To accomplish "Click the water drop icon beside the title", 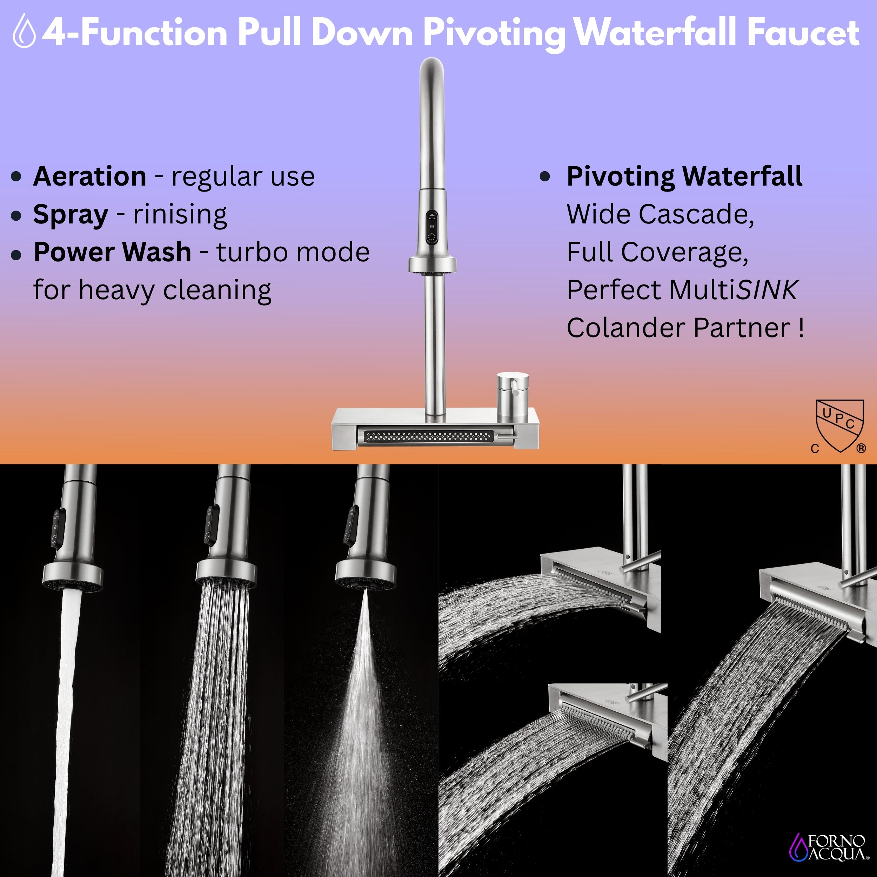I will click(x=25, y=31).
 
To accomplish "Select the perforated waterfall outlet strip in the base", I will click(x=428, y=437).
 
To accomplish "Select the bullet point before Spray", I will click(x=16, y=215).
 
